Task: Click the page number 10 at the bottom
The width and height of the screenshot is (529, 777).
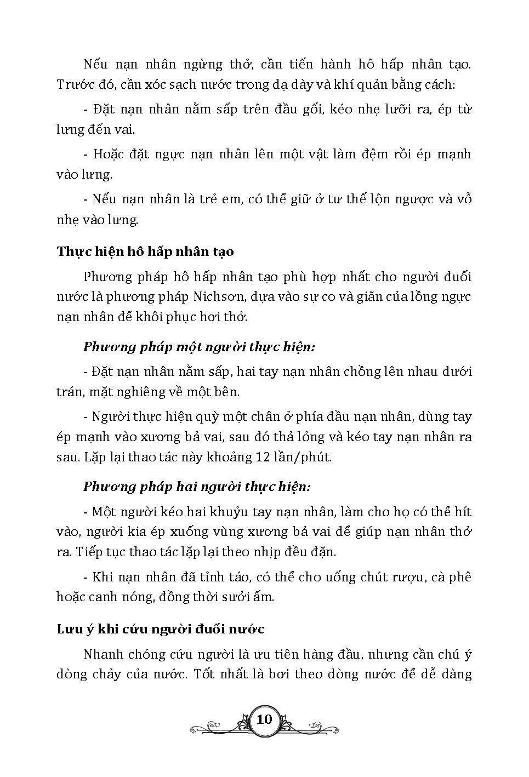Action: click(x=264, y=719)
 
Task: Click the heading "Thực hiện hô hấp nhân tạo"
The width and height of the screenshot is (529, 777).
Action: click(x=145, y=252)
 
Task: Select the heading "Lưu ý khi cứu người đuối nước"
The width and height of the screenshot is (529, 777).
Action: click(x=161, y=629)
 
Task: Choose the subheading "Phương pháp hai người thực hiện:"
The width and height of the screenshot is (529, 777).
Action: click(x=197, y=487)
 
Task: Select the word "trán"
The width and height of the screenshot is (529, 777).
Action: click(x=69, y=392)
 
